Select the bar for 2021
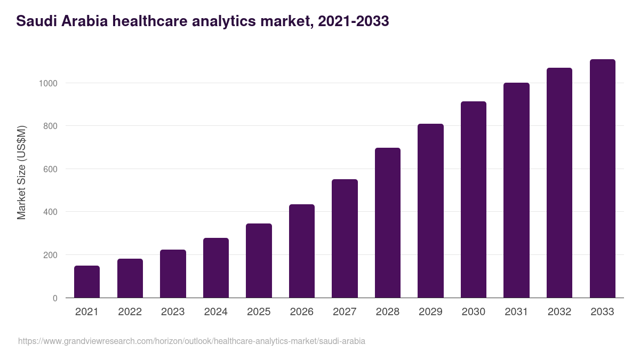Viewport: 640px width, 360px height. pyautogui.click(x=87, y=282)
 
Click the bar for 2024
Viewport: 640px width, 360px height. pyautogui.click(x=215, y=268)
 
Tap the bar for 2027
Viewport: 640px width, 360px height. pyautogui.click(x=345, y=238)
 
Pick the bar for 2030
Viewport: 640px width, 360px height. pyautogui.click(x=474, y=199)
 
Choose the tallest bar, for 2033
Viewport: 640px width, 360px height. pyautogui.click(x=602, y=179)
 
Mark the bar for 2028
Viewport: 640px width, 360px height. pyautogui.click(x=387, y=223)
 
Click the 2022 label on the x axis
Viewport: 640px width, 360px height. pyautogui.click(x=130, y=312)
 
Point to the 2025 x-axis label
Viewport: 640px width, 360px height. pyautogui.click(x=259, y=312)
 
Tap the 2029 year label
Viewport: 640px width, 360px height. pyautogui.click(x=430, y=312)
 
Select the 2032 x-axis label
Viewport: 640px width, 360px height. pyautogui.click(x=559, y=312)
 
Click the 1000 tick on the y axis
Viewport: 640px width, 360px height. pyautogui.click(x=47, y=83)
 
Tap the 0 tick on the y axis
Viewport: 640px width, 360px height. pyautogui.click(x=55, y=298)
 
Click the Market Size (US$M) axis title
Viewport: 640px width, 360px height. pyautogui.click(x=21, y=172)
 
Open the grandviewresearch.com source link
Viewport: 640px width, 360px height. pyautogui.click(x=191, y=341)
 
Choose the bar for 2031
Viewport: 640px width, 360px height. pyautogui.click(x=516, y=190)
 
